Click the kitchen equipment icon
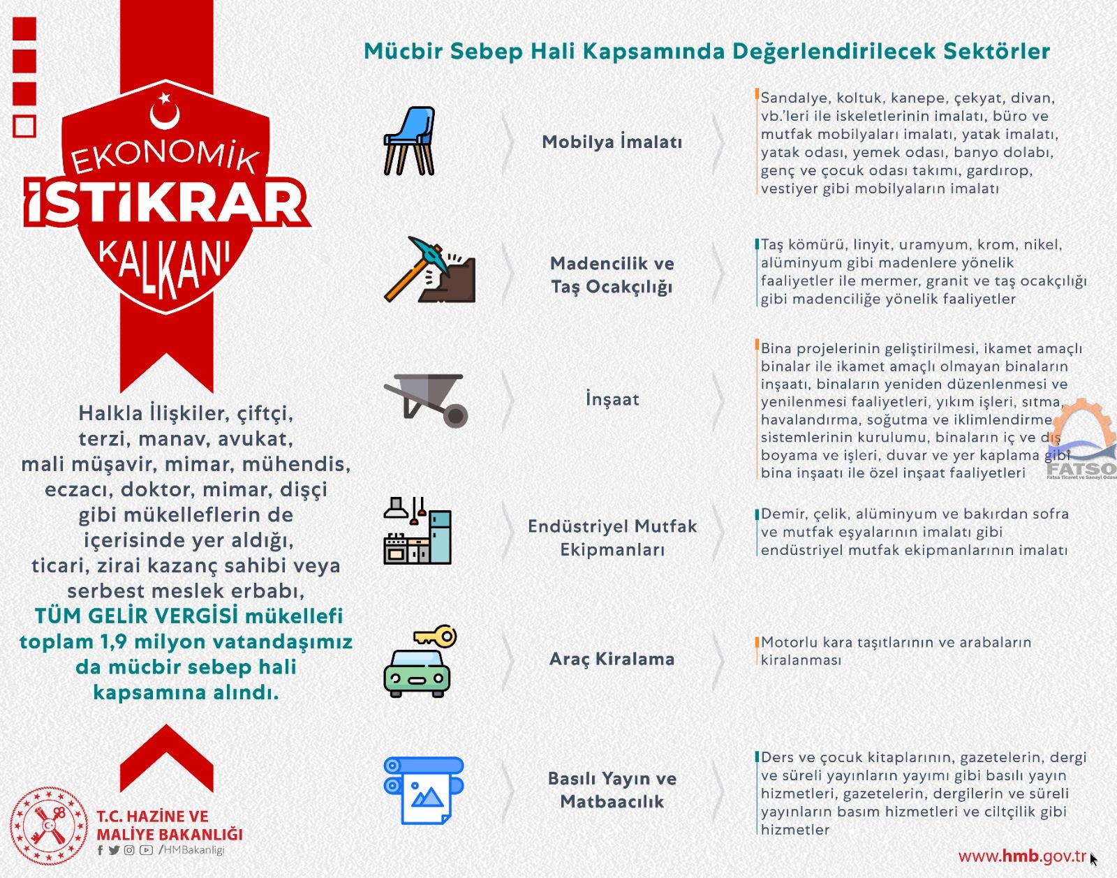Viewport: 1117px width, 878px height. pos(417,531)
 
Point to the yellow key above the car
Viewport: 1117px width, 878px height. pos(436,636)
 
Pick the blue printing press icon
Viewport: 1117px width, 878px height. pos(423,789)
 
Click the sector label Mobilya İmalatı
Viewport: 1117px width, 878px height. pos(612,142)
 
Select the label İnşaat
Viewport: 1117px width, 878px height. pos(612,399)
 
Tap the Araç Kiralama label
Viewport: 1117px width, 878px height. pos(612,659)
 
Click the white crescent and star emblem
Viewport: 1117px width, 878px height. pos(165,112)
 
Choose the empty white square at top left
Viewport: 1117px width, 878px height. pos(24,126)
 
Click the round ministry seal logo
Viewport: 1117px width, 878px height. pos(49,826)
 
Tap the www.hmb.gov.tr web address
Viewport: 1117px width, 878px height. pos(1023,856)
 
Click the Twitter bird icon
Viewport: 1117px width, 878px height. pos(114,850)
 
